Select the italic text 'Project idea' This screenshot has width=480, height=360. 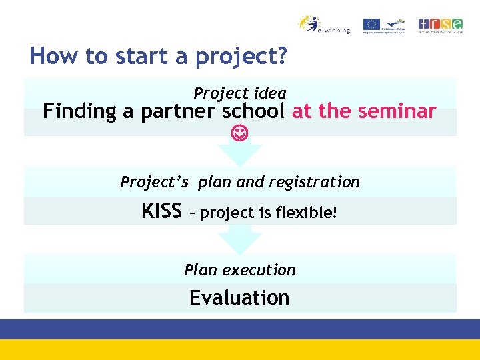[x=240, y=93]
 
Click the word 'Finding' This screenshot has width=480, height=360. [x=79, y=111]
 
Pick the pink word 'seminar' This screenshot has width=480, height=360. [x=400, y=111]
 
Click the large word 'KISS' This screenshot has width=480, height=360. [x=161, y=211]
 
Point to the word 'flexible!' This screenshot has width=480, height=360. [x=307, y=213]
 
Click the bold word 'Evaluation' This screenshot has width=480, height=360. [x=239, y=297]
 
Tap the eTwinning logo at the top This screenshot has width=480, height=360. [x=323, y=25]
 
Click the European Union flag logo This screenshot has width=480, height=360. [x=371, y=24]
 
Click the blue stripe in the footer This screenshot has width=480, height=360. [x=240, y=329]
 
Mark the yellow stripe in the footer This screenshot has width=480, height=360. [x=240, y=349]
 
